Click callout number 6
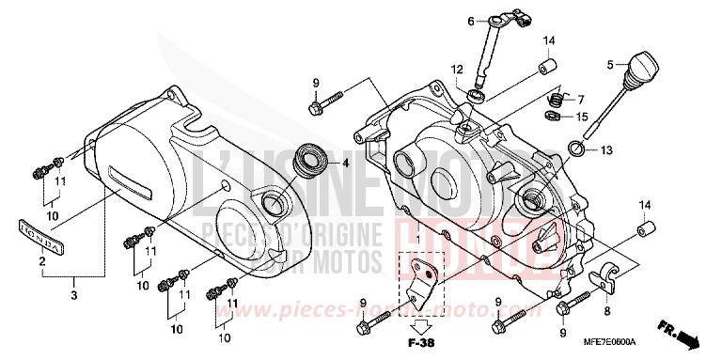pyautogui.click(x=467, y=19)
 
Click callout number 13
pyautogui.click(x=607, y=150)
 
